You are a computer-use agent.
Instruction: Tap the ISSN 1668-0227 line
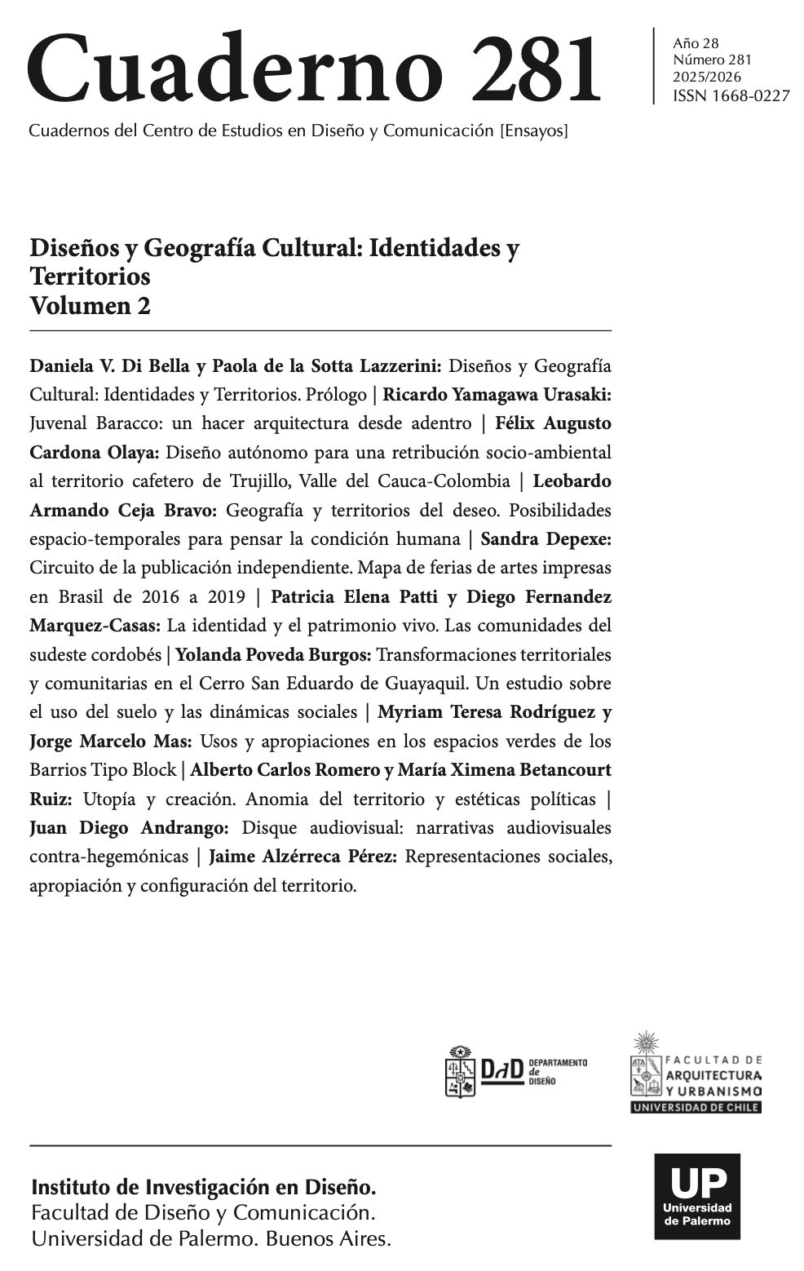coord(731,96)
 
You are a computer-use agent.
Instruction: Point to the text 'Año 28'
coord(696,43)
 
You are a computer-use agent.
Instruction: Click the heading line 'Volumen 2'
coord(90,306)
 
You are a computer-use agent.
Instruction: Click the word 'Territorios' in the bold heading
coord(90,277)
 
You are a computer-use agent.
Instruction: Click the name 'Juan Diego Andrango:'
coord(129,828)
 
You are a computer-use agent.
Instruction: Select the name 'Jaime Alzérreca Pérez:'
coord(303,857)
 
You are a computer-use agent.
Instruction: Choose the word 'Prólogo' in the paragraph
coord(336,395)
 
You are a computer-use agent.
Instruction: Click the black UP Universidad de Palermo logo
coord(697,1197)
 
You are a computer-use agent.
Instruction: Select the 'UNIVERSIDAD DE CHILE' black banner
coord(696,1107)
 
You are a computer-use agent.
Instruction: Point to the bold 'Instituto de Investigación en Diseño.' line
coord(203,1186)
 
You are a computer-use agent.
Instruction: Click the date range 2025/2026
coord(705,77)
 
